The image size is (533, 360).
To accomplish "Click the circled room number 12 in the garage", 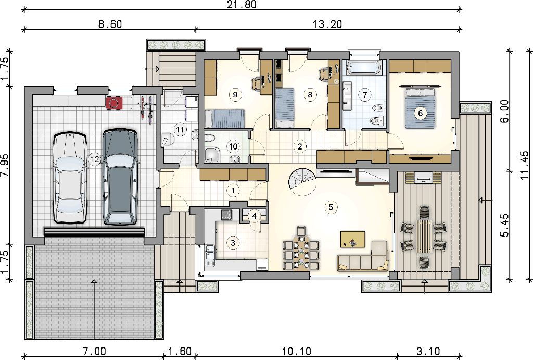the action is click(95, 159).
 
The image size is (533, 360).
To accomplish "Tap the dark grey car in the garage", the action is click(120, 176).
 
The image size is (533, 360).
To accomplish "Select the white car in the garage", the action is click(70, 177).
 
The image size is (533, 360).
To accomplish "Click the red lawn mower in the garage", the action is click(114, 103).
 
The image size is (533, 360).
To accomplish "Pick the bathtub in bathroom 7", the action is click(363, 68).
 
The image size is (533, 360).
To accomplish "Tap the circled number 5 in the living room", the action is click(331, 207).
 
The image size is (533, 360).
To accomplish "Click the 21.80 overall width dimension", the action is click(242, 4).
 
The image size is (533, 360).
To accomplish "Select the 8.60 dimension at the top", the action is click(110, 24).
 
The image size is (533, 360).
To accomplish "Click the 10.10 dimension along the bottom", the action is click(296, 351).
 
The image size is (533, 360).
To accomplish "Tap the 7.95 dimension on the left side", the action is click(5, 165).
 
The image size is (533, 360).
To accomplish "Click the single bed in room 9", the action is click(225, 118).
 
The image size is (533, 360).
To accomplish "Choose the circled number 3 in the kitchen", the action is click(233, 243).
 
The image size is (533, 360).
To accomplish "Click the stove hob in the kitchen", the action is click(226, 215).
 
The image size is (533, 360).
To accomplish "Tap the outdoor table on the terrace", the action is click(424, 237).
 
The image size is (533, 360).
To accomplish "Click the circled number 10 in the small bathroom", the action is click(233, 146).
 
